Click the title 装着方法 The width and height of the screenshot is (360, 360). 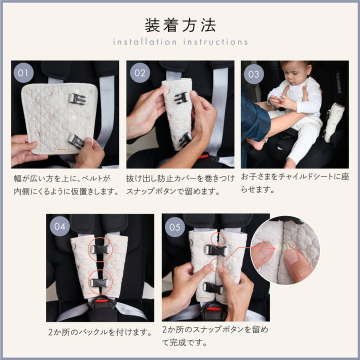(x=180, y=25)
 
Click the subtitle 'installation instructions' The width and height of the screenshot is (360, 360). (x=180, y=42)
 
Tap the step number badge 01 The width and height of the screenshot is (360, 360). (x=23, y=73)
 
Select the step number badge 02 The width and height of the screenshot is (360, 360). (x=140, y=73)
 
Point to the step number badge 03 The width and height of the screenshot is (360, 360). (x=253, y=74)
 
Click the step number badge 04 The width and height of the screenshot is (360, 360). (x=59, y=226)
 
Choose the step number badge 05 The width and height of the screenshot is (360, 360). (x=174, y=227)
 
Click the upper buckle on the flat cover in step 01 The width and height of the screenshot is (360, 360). (x=77, y=99)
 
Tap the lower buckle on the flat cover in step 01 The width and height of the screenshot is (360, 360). (x=76, y=141)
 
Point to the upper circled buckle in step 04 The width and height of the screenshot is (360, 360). (x=100, y=249)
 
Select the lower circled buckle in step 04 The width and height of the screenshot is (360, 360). (x=99, y=282)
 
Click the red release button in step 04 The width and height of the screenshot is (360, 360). (x=101, y=300)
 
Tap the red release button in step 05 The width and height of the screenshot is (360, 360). (x=214, y=308)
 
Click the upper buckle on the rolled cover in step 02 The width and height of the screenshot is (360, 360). (x=181, y=98)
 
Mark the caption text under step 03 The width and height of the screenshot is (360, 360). (x=295, y=183)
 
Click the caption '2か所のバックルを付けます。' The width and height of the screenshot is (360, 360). (x=100, y=332)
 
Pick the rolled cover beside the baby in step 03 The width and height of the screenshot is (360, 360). (x=334, y=122)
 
